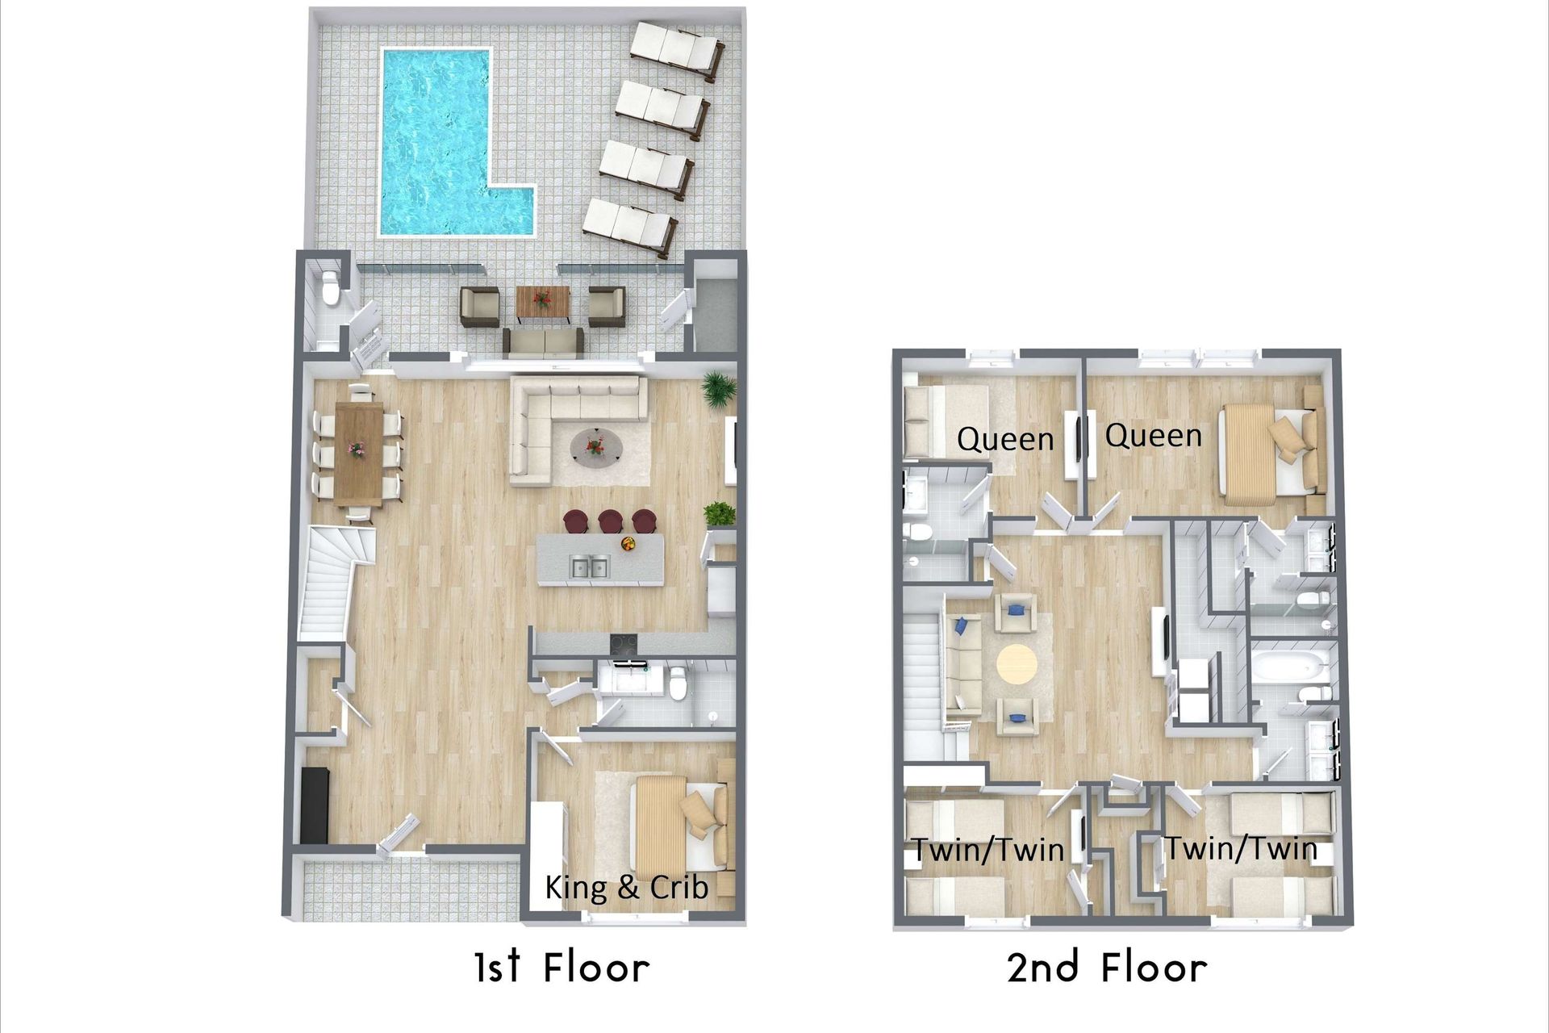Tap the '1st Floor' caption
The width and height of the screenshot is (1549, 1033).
pyautogui.click(x=562, y=967)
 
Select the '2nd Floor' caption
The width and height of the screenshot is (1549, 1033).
pyautogui.click(x=1107, y=967)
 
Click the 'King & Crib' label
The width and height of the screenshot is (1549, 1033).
pyautogui.click(x=627, y=888)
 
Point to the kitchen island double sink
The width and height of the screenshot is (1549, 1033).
pyautogui.click(x=588, y=567)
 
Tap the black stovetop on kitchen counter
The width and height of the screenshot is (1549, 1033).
pyautogui.click(x=623, y=643)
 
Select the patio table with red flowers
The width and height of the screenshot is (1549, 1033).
pyautogui.click(x=543, y=302)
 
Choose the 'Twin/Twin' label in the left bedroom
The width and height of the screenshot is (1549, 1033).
pyautogui.click(x=987, y=849)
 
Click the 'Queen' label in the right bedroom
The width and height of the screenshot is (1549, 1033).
pyautogui.click(x=1153, y=436)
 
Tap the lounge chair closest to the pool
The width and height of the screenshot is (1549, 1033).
pyautogui.click(x=629, y=228)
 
